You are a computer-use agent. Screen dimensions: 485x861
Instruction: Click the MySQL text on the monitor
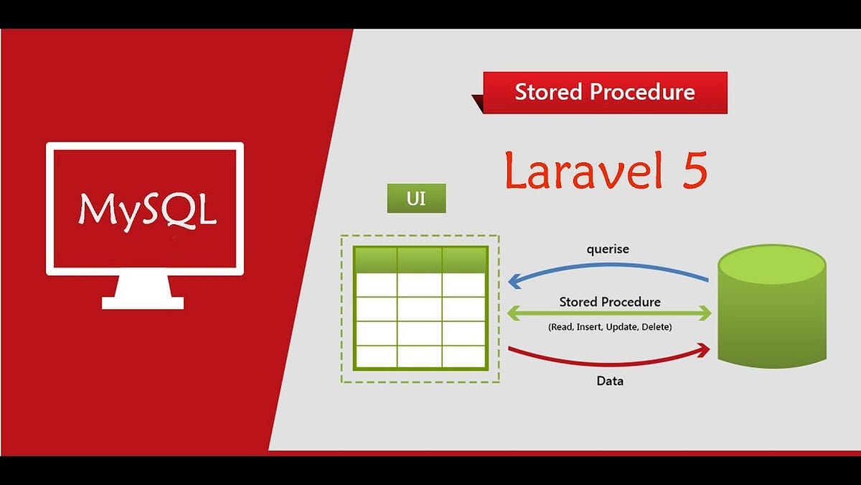coord(147,209)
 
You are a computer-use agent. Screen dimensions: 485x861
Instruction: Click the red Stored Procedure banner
coord(605,92)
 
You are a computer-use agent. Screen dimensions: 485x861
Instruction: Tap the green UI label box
coord(416,198)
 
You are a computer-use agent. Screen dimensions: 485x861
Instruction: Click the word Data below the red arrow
coord(610,381)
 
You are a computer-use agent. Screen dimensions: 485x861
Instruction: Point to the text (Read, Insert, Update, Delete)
coord(609,327)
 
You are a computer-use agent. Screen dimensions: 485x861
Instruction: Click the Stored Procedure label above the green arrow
coord(610,302)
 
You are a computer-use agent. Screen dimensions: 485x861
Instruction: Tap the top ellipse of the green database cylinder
coord(767,264)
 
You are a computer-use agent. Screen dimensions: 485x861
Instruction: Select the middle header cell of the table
coord(420,260)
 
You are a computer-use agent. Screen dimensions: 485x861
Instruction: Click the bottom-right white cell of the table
coord(464,356)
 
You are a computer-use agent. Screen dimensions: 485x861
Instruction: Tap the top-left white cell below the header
coord(375,285)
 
